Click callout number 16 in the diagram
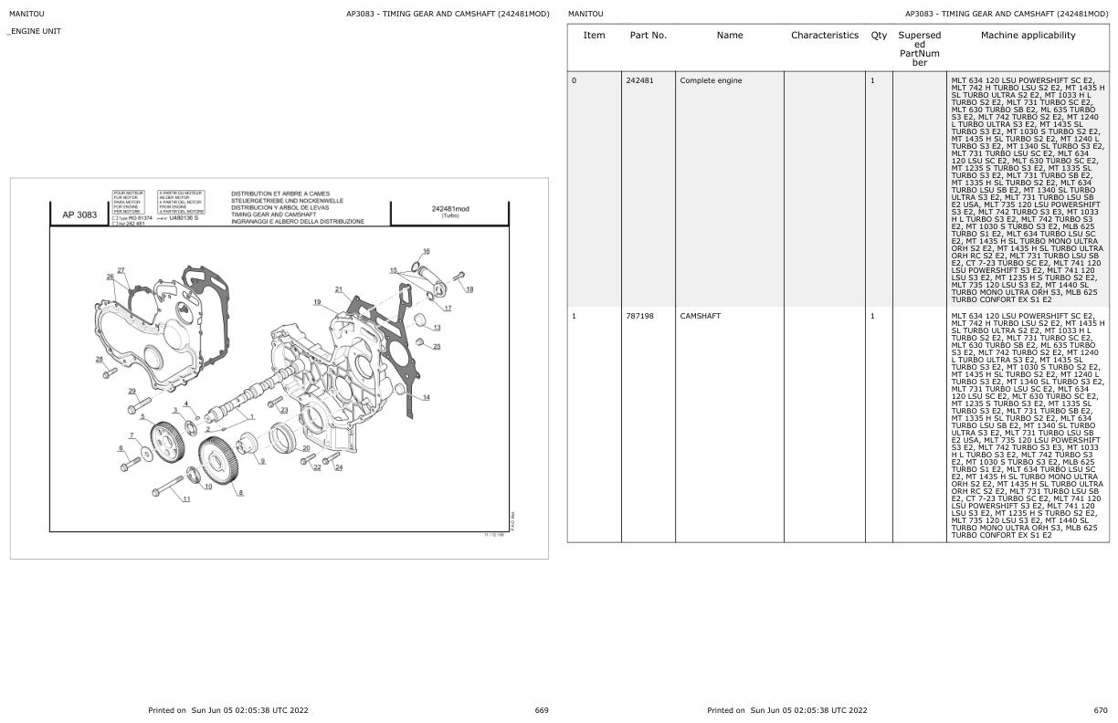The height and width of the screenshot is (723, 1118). tap(426, 251)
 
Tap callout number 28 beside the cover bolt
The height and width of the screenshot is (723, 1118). tap(100, 359)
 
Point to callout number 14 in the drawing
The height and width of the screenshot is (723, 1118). tap(426, 397)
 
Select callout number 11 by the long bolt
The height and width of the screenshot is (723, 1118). tap(186, 499)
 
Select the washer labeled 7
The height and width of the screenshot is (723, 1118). tap(147, 455)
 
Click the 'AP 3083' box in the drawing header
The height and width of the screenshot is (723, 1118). tap(79, 215)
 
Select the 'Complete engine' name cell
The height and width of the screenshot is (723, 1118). tap(711, 80)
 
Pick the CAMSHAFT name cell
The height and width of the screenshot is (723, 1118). tap(701, 316)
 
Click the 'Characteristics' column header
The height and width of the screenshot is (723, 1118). tap(824, 36)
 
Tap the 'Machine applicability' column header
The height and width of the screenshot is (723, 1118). tap(1028, 36)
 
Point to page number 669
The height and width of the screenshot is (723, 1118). tap(542, 710)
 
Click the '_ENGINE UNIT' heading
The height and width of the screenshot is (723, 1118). tap(35, 32)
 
